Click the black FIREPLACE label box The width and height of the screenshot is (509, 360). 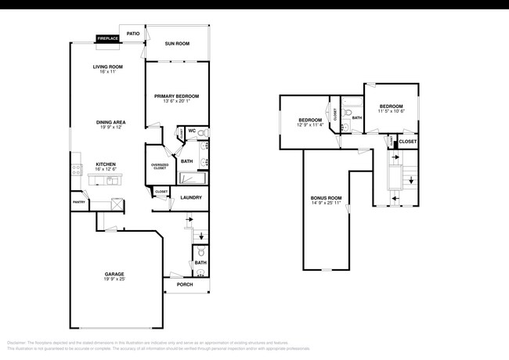(106, 38)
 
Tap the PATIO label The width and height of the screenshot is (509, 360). (133, 34)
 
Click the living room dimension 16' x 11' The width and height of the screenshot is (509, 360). (108, 72)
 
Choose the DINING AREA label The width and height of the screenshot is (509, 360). (108, 122)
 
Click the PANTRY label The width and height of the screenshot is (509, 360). (79, 202)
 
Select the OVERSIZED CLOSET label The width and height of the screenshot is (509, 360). (160, 167)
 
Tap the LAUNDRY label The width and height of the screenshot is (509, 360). (191, 197)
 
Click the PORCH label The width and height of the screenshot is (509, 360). (185, 284)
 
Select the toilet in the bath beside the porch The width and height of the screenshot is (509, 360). (201, 251)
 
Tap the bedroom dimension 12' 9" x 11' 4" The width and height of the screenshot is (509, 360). (310, 124)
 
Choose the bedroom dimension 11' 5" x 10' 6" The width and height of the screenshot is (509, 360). (392, 111)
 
